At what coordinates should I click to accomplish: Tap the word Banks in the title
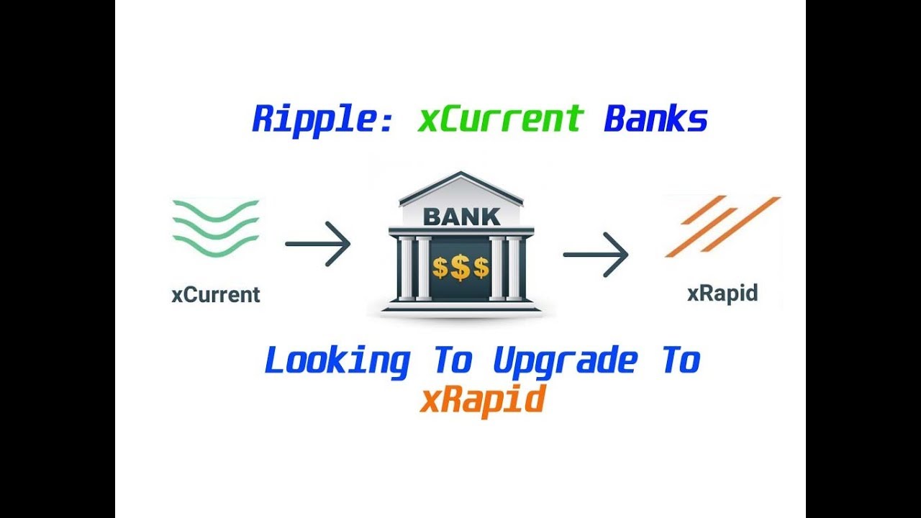(655, 119)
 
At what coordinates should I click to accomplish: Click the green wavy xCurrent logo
(215, 227)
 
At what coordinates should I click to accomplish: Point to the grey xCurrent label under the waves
(216, 295)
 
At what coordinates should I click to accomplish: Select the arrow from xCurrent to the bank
(317, 244)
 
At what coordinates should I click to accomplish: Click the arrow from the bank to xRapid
(595, 254)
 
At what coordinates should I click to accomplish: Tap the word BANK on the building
(461, 216)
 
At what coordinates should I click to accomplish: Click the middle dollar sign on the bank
(460, 268)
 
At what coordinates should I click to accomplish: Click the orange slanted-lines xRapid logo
(722, 226)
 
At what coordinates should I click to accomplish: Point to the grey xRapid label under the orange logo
(722, 294)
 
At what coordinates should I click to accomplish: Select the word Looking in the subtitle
(337, 361)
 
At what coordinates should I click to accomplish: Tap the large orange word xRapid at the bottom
(481, 399)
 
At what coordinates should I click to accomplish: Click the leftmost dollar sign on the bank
(440, 268)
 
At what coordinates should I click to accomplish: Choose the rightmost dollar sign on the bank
(481, 268)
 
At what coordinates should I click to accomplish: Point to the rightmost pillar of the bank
(515, 268)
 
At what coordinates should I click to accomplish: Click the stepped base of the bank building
(461, 307)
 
